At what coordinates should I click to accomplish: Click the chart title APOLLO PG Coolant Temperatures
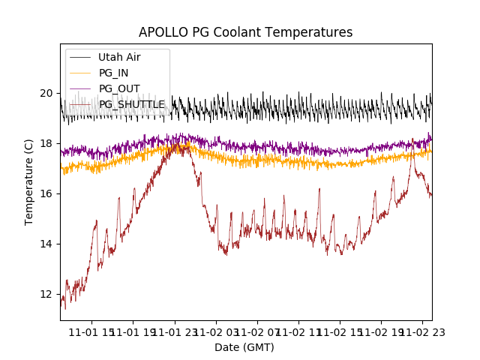point(245,33)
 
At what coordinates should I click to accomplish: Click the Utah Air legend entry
point(119,57)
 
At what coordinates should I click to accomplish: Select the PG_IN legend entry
point(113,73)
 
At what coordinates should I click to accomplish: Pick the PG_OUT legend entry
point(118,88)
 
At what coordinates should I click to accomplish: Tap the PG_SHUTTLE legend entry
point(132,104)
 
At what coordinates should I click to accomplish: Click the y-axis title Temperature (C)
point(29,182)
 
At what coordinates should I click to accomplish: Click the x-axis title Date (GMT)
point(244,347)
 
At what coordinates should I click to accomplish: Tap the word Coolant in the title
point(241,33)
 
